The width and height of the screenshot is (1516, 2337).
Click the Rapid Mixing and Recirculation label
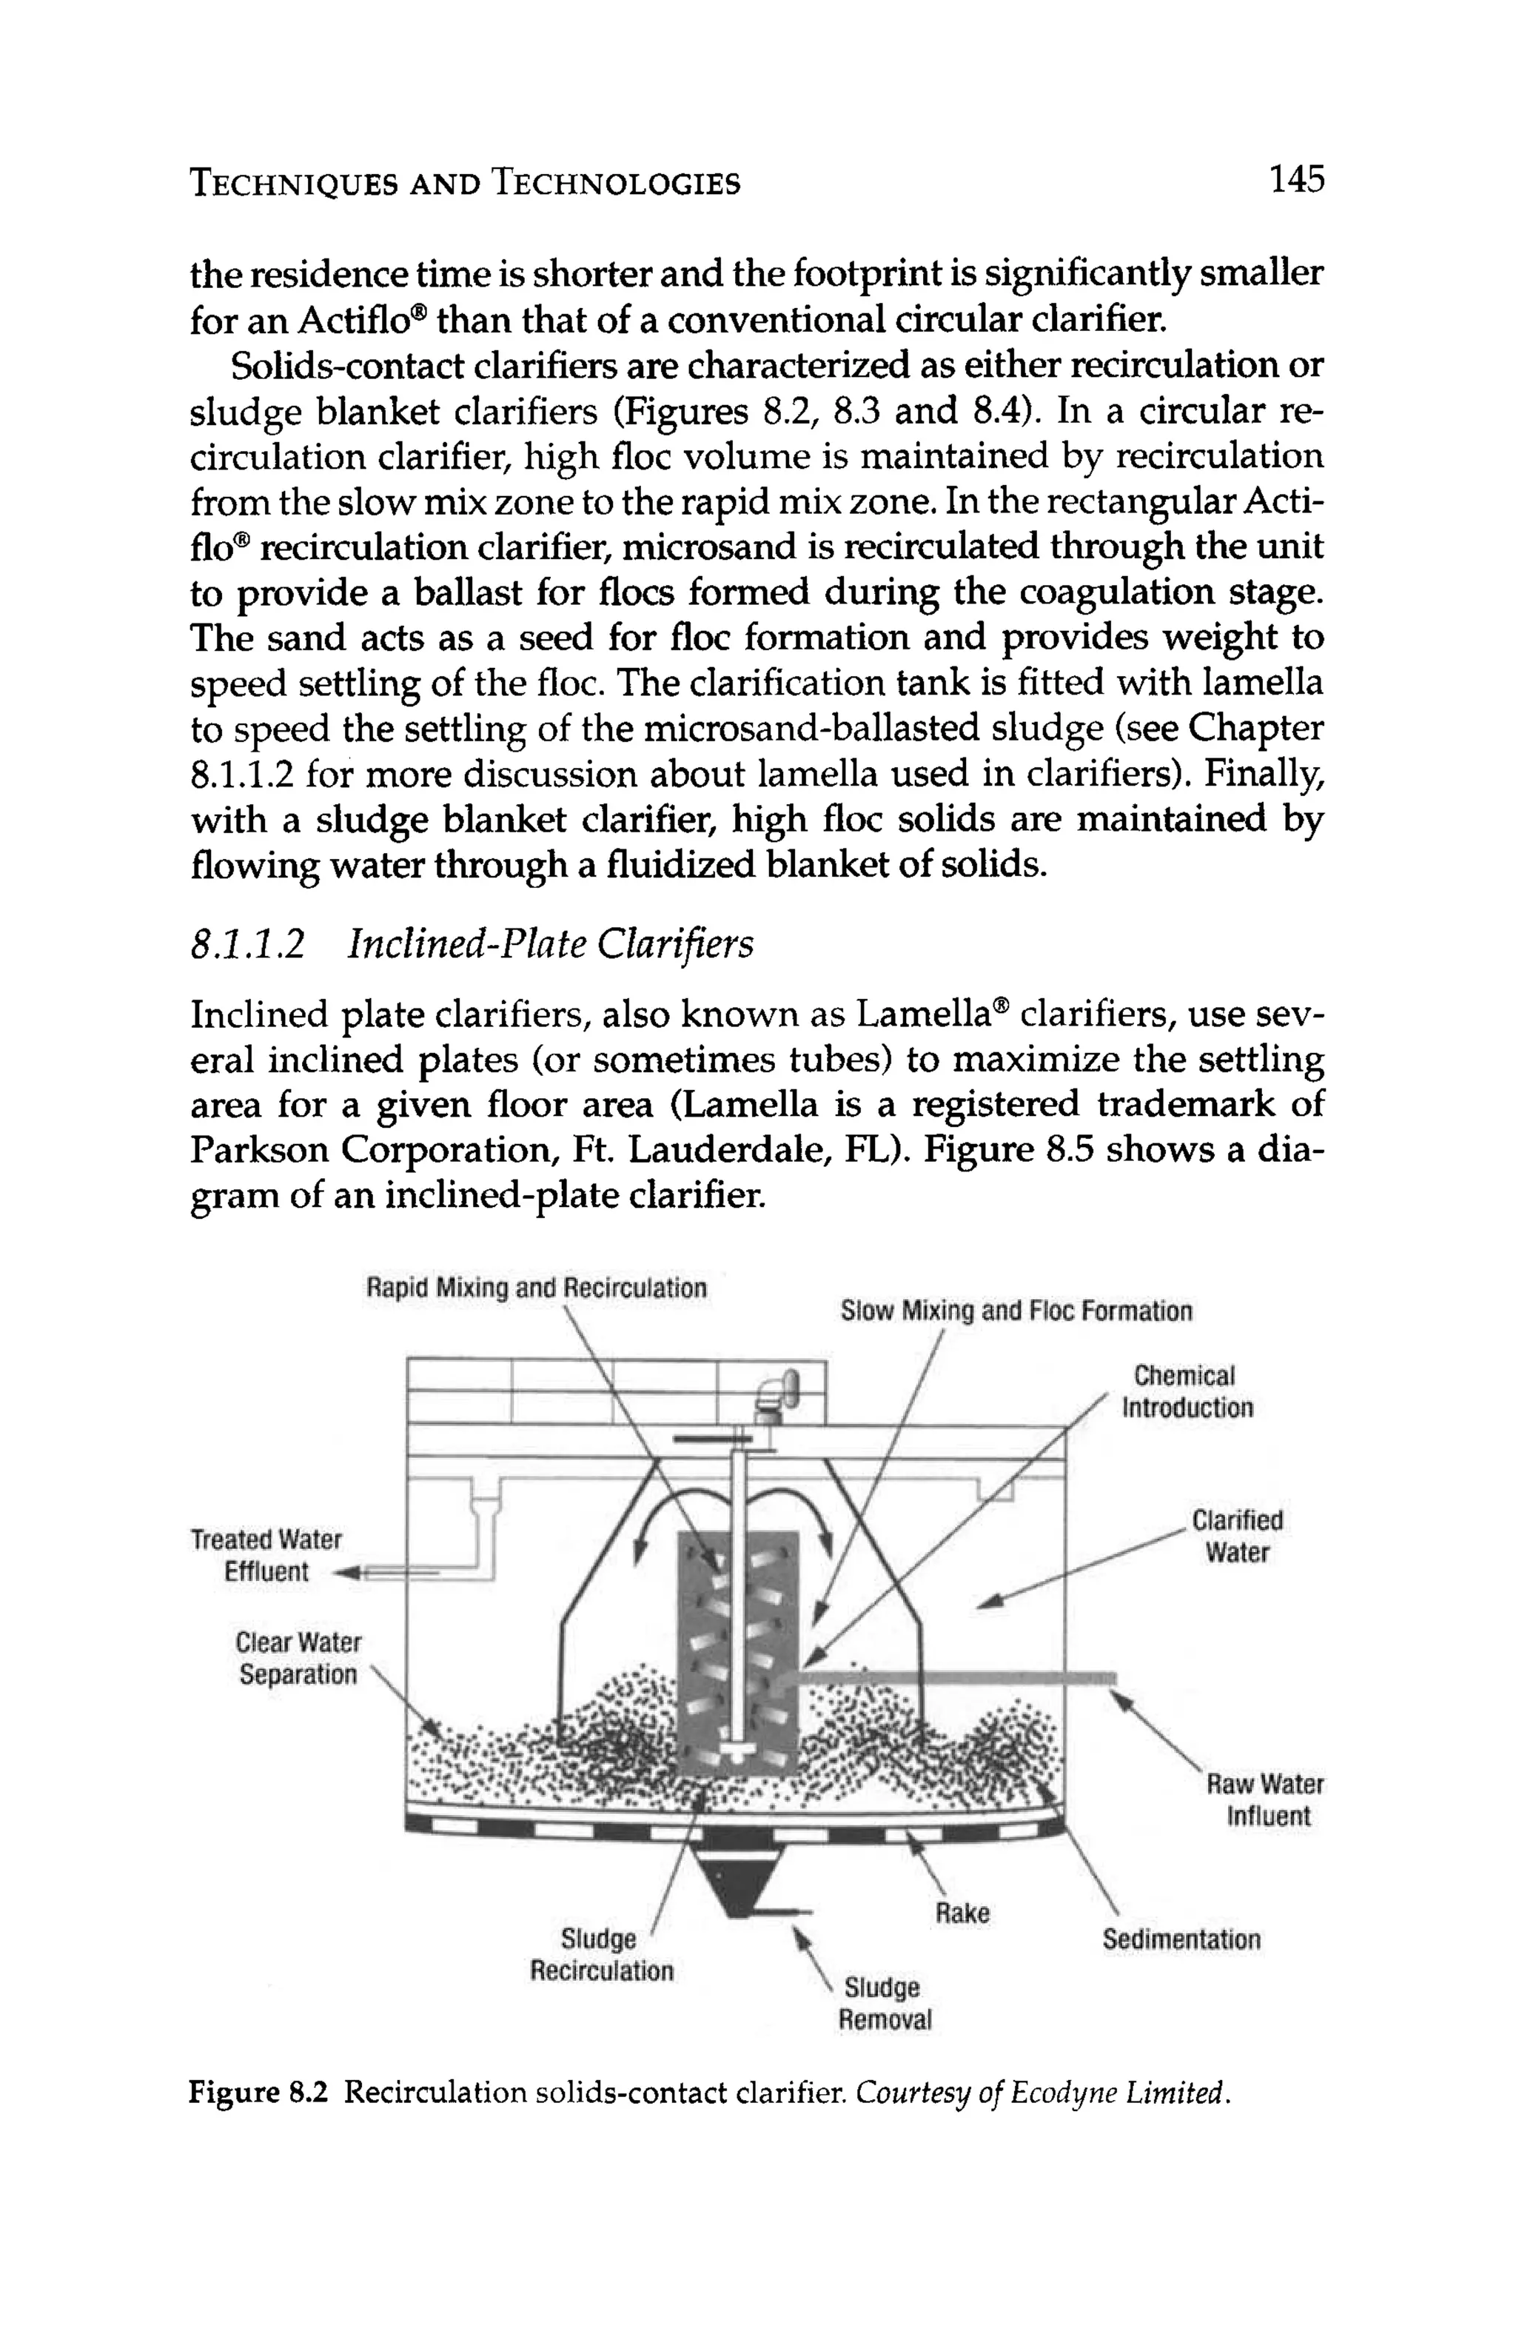click(536, 1287)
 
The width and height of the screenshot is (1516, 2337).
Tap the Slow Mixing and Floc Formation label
click(1016, 1311)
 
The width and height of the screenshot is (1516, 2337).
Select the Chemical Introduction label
click(1186, 1391)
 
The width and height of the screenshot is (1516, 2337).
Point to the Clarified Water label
click(1236, 1537)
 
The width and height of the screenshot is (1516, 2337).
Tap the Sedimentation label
click(1180, 1939)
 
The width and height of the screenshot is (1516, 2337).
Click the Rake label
click(962, 1913)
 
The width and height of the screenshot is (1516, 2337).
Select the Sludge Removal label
click(882, 2003)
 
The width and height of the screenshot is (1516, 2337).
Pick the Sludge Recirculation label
click(601, 1955)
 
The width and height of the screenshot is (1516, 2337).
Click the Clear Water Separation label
click(298, 1659)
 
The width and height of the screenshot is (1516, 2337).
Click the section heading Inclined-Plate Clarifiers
click(551, 945)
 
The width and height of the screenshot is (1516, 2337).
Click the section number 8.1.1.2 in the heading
click(246, 945)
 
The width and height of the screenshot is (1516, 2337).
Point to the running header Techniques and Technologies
click(464, 184)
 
